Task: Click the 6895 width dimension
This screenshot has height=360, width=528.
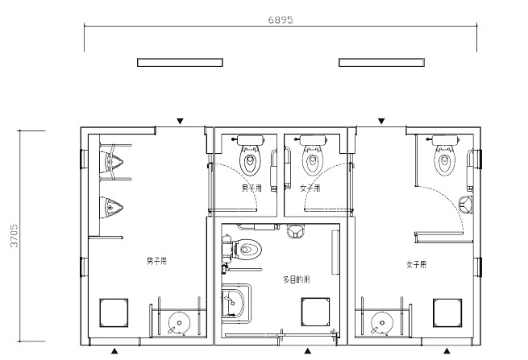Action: pos(281,20)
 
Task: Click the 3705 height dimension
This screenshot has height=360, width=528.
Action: pos(15,236)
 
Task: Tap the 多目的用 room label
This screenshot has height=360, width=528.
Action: pos(297,279)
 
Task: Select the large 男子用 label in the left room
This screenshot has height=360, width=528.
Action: pos(156,261)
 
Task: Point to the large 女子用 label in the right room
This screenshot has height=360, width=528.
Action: pos(417,264)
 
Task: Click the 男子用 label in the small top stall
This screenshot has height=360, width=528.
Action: pos(252,188)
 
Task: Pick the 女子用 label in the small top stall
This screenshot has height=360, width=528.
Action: pos(310,188)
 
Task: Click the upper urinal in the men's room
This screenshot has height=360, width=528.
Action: pos(111,162)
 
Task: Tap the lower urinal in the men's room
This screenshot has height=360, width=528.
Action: pos(111,207)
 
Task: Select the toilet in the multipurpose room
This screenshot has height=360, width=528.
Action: pos(243,250)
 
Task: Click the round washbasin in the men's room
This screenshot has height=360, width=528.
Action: pos(179,323)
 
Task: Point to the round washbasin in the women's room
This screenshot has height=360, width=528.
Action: pos(382,323)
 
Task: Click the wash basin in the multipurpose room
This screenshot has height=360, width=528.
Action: pos(234,302)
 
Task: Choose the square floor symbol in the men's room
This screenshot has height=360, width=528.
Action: pos(114,313)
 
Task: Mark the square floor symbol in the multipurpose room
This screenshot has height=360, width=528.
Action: pos(315,312)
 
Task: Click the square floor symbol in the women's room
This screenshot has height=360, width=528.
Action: pos(447,313)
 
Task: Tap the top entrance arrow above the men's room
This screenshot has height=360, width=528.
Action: pos(181,121)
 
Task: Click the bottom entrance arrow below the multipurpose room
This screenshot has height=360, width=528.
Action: pos(307,351)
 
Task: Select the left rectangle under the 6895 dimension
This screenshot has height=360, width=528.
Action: pos(180,62)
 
